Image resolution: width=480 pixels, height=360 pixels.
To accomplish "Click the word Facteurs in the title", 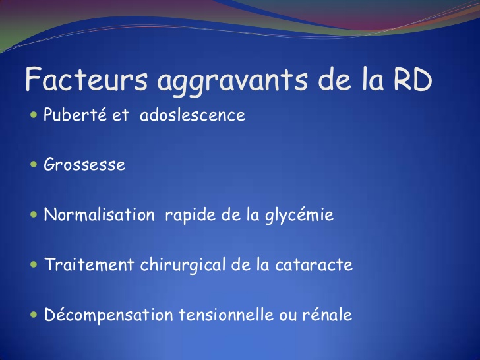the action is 86,78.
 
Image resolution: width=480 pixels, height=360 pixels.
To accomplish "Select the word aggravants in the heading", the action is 232,81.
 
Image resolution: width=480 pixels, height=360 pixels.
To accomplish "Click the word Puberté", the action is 75,115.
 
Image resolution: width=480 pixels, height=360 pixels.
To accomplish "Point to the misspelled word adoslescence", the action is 193,115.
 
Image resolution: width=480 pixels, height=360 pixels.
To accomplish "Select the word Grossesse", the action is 84,164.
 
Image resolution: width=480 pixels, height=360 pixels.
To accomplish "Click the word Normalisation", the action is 99,214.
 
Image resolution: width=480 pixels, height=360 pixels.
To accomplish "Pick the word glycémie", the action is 299,216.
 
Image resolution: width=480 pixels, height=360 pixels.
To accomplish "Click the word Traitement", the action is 90,264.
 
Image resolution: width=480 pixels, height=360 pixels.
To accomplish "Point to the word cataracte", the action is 314,265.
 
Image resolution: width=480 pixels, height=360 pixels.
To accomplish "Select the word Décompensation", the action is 109,315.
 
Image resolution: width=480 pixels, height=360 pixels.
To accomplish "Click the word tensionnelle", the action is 226,315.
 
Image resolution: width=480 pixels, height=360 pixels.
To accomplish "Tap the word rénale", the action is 327,315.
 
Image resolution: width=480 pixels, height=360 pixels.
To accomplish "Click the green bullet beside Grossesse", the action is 34,164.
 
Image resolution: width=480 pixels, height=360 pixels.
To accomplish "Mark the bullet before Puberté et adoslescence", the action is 34,115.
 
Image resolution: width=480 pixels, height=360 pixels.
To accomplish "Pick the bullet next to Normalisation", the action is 34,214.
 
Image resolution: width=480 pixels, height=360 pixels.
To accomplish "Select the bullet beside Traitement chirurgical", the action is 34,264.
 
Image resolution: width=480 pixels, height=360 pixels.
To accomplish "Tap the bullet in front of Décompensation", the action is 34,315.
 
